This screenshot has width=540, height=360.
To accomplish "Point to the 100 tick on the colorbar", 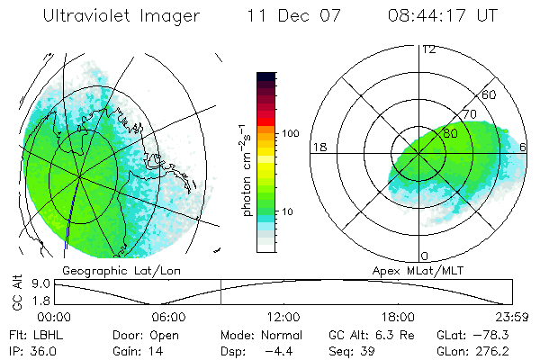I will (290, 133).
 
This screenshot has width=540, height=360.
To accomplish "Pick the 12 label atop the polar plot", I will (428, 49).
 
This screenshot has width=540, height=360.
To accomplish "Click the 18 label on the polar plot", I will (319, 146).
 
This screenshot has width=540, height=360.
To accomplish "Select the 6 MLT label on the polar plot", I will (523, 146).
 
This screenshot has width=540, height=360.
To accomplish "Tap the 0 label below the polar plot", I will (426, 256).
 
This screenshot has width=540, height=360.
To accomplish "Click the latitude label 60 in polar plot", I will (490, 94).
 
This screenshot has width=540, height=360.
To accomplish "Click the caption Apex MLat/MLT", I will (420, 270).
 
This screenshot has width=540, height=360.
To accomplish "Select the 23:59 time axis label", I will (511, 317).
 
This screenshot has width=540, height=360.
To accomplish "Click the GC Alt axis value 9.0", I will (38, 283).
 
